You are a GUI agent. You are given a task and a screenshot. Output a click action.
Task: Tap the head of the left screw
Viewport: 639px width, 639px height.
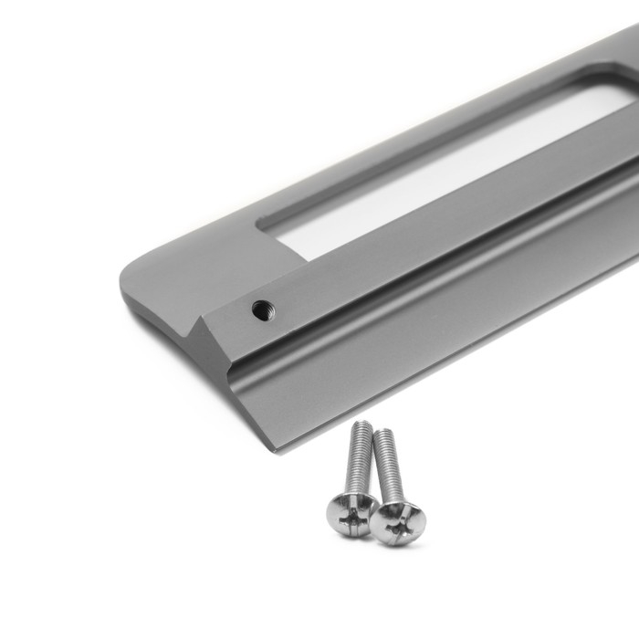click(351, 513)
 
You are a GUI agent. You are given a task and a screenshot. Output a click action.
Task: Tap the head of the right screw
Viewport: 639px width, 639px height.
click(397, 522)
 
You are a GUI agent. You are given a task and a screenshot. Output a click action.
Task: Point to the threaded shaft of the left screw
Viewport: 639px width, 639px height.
click(359, 461)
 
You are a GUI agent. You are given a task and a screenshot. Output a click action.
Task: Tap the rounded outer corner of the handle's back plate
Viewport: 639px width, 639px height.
click(128, 274)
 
